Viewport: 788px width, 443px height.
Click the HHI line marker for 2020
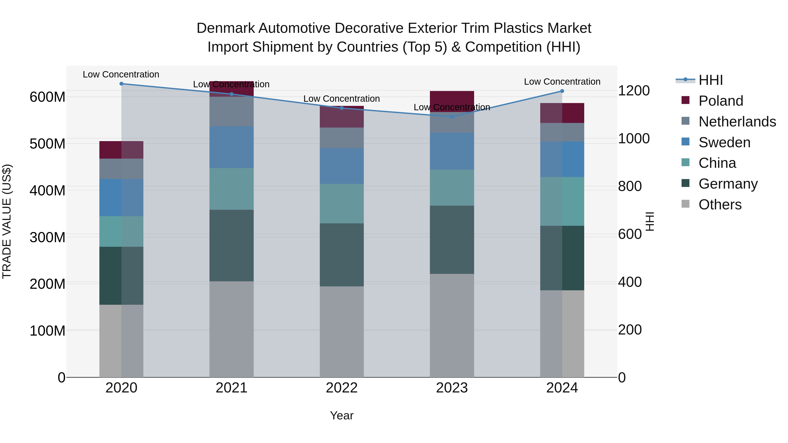point(121,84)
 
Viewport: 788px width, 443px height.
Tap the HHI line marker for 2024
point(562,91)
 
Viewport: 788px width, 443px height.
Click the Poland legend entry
point(721,101)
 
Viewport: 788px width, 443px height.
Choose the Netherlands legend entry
point(737,122)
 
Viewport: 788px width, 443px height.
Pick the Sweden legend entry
point(724,142)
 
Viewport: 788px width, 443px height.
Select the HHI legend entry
point(711,80)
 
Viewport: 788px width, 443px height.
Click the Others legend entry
point(720,205)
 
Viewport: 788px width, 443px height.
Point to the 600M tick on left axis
point(47,97)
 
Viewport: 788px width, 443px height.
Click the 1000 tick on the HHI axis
point(633,139)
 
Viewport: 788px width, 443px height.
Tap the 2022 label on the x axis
point(342,388)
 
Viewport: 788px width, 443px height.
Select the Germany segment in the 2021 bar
point(232,245)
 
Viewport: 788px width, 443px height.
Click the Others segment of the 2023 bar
point(452,325)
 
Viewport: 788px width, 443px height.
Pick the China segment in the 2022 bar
point(342,204)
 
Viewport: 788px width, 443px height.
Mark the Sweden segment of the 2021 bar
point(232,147)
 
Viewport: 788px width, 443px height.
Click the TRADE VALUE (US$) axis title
point(7,221)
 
